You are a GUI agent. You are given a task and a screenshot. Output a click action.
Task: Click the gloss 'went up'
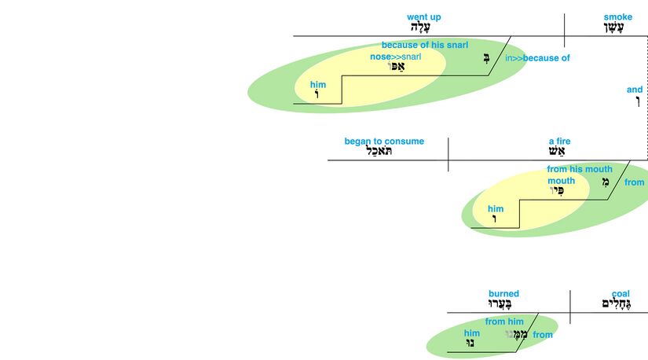424,17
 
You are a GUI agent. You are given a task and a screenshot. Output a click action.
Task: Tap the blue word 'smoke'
617,17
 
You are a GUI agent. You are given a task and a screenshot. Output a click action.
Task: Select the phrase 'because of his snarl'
424,46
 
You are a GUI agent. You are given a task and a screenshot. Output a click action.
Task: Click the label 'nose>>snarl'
396,57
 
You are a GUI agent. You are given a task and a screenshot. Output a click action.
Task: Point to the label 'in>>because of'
537,58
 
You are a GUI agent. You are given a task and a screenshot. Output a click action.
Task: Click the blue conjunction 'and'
634,90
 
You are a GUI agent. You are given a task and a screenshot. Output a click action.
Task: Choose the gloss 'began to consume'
384,141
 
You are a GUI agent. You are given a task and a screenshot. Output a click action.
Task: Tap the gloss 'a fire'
559,141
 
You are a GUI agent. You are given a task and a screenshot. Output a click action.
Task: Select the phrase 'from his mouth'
579,169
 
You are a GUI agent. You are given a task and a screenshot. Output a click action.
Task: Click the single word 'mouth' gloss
561,181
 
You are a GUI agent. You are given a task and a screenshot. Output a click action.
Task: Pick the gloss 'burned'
503,294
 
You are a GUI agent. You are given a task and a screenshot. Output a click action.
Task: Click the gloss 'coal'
621,294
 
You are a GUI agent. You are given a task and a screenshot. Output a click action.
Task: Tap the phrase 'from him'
504,321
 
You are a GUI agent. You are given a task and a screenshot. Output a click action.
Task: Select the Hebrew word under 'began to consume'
384,152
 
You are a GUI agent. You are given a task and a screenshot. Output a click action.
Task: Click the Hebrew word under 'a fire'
559,152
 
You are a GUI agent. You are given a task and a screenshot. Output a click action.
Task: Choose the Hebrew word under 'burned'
503,305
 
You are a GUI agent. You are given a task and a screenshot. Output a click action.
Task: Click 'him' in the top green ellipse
317,85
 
